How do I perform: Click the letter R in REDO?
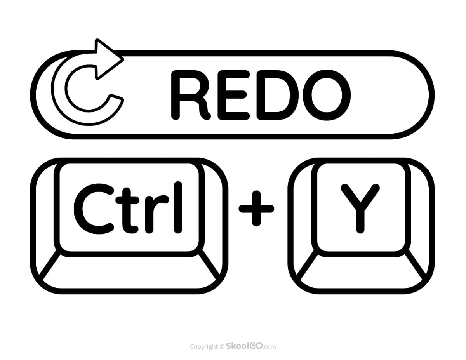click(190, 95)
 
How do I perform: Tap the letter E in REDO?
click(234, 95)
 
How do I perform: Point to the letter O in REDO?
click(327, 95)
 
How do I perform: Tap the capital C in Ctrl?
click(94, 209)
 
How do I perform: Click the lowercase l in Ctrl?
click(178, 207)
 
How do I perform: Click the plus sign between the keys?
click(256, 209)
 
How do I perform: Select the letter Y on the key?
click(360, 209)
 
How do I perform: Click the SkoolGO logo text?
click(245, 346)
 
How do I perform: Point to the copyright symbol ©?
click(222, 347)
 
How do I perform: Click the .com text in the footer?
click(270, 347)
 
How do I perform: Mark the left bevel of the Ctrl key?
click(45, 219)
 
